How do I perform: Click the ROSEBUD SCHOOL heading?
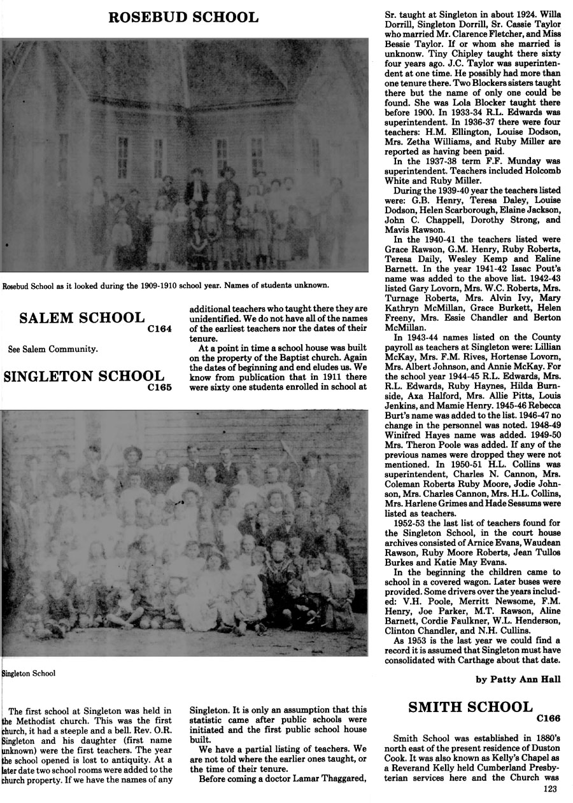[x=183, y=17]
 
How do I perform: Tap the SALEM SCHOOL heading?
[x=82, y=318]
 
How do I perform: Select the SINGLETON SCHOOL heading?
[x=83, y=376]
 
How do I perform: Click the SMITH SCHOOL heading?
[x=470, y=707]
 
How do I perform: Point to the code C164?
[x=159, y=329]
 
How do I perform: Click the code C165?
[x=159, y=387]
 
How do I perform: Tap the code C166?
[x=548, y=718]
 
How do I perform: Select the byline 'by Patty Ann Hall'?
[x=518, y=679]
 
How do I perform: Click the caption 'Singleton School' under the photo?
[x=29, y=673]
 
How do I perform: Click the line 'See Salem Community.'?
[x=53, y=349]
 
